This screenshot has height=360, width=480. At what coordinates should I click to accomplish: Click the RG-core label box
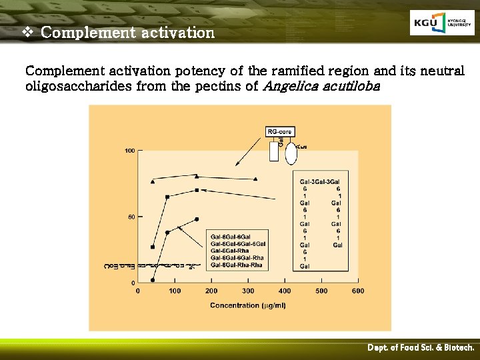[x=280, y=132]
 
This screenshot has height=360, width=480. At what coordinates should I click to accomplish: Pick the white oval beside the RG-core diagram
[x=291, y=151]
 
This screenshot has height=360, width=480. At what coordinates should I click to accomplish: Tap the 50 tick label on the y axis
[x=130, y=217]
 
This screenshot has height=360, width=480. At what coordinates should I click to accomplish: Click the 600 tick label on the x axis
[x=358, y=291]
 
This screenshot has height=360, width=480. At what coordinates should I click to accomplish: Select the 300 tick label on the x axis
[x=248, y=291]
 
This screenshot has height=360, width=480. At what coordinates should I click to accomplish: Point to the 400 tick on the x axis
[x=285, y=291]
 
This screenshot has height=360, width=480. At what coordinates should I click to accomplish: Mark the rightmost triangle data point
[x=255, y=179]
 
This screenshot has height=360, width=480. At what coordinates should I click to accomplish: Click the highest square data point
[x=197, y=190]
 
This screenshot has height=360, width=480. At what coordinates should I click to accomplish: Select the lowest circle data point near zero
[x=153, y=280]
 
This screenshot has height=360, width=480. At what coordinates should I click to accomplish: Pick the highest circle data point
[x=197, y=219]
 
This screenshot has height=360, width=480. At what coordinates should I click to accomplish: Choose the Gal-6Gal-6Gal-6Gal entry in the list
[x=238, y=244]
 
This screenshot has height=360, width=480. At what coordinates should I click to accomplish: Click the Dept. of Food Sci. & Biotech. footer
[x=421, y=348]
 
